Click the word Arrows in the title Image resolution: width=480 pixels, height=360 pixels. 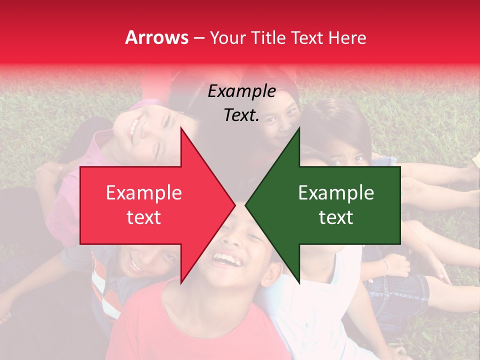pos(156,37)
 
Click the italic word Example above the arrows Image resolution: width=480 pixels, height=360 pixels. pos(241,91)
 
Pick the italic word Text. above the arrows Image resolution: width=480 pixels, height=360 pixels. pos(241,115)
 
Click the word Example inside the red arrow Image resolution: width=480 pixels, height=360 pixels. pos(143,193)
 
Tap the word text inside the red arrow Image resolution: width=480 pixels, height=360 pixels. pos(143,217)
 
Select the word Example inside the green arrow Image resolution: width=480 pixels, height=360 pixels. pos(336,193)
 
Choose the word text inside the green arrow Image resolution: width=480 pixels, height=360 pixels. pos(336,217)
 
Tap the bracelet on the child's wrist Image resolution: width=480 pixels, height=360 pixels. pos(385,265)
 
